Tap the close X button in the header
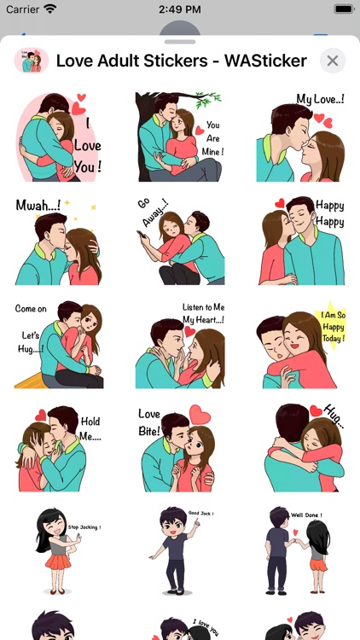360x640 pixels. (333, 61)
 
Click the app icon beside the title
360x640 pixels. (32, 61)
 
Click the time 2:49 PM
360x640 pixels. (179, 9)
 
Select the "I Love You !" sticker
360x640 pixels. (60, 137)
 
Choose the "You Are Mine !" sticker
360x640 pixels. (180, 137)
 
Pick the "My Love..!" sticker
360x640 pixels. (300, 137)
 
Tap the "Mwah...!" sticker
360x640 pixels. (60, 241)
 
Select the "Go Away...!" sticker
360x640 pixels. (180, 241)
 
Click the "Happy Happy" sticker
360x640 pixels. (300, 241)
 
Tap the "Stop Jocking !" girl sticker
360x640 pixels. (60, 551)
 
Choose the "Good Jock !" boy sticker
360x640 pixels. (180, 551)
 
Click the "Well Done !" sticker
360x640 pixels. (300, 551)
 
